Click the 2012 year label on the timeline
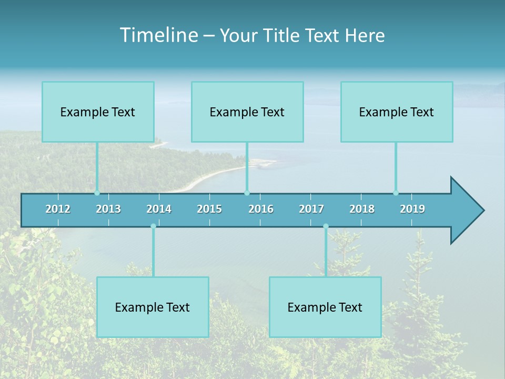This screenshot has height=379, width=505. (x=58, y=209)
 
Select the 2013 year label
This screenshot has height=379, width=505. (x=108, y=209)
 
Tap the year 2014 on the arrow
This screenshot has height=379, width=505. (x=159, y=209)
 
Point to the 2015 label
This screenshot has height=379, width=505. (x=209, y=209)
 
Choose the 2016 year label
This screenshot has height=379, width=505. (x=261, y=209)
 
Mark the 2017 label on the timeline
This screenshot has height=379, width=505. (x=311, y=209)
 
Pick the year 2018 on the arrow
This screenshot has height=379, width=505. (x=362, y=209)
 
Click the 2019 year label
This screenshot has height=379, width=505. (x=412, y=209)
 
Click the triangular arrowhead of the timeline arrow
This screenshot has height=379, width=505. (x=466, y=211)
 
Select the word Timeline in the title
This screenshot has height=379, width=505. (x=158, y=35)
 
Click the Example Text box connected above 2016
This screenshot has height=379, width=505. (x=247, y=112)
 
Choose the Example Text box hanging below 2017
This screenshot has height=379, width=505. (x=325, y=307)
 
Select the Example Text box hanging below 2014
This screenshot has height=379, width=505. (x=153, y=307)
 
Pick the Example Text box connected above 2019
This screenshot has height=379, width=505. (x=397, y=112)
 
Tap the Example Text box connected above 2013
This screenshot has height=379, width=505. (x=98, y=112)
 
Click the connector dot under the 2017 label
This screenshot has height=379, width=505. (x=326, y=226)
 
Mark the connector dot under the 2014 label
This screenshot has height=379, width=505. (x=153, y=226)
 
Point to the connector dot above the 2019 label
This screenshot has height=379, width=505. (x=396, y=193)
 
